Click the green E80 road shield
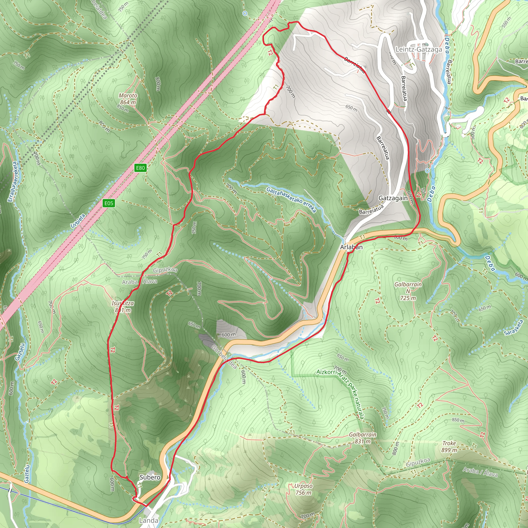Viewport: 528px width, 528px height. (141, 168)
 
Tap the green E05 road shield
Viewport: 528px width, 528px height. (109, 203)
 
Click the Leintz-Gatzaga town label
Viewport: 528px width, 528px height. (419, 49)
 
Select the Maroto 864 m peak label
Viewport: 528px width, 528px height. (128, 99)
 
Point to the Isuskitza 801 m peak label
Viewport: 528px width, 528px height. (123, 307)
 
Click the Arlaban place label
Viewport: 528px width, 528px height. (351, 247)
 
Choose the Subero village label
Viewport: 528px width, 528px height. (150, 477)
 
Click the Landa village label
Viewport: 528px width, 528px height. (148, 520)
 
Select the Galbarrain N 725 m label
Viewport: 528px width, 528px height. (408, 291)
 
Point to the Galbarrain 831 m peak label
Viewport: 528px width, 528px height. (363, 438)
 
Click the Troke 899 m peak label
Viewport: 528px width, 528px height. (449, 447)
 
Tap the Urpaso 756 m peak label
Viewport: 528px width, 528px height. (303, 489)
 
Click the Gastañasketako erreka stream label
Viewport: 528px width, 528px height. (291, 200)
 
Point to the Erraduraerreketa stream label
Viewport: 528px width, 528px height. (13, 182)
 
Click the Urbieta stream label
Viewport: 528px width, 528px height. (78, 221)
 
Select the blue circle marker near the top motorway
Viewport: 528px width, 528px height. (245, 13)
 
